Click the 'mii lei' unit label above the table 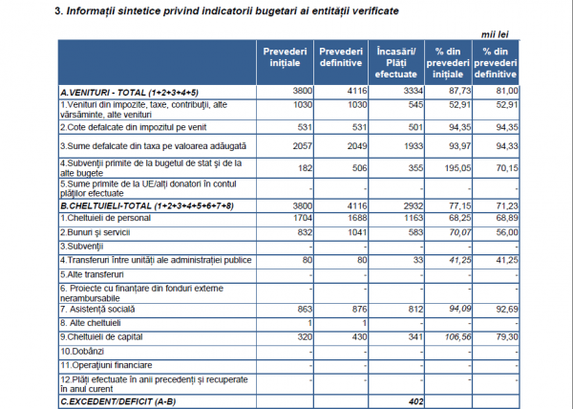(495, 34)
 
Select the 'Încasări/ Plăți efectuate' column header (396, 63)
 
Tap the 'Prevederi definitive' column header (341, 57)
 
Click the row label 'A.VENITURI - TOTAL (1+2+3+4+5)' (129, 93)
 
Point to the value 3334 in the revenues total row (414, 91)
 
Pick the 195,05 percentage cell (457, 168)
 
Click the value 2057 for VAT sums (303, 146)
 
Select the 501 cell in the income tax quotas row (415, 127)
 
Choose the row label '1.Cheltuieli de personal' (105, 218)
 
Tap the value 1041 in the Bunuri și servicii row (357, 232)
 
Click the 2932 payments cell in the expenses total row (414, 206)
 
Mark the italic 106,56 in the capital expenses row (457, 337)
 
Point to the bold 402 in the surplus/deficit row (415, 401)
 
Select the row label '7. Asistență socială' (97, 310)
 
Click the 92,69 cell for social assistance (507, 310)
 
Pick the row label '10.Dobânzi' (82, 352)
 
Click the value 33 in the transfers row (418, 260)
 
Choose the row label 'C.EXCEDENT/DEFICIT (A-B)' (118, 401)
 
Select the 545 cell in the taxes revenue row (415, 105)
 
